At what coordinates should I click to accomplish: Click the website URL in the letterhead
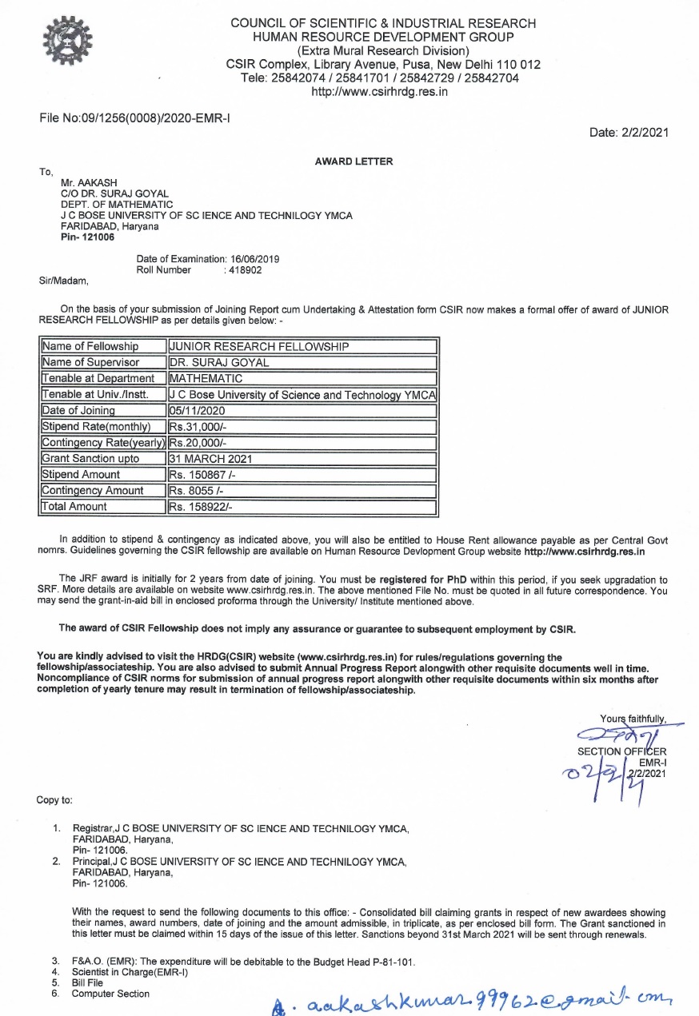pos(379,91)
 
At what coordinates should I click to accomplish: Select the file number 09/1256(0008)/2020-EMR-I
pos(135,119)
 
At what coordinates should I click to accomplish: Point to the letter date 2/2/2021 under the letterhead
pos(629,133)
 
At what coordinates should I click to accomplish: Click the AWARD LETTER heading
pos(354,161)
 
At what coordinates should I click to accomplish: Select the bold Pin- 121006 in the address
pos(88,237)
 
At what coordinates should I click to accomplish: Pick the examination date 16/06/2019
pos(254,259)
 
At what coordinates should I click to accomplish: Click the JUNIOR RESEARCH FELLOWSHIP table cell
pos(302,347)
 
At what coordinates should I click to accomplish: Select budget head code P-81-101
pos(393,962)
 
